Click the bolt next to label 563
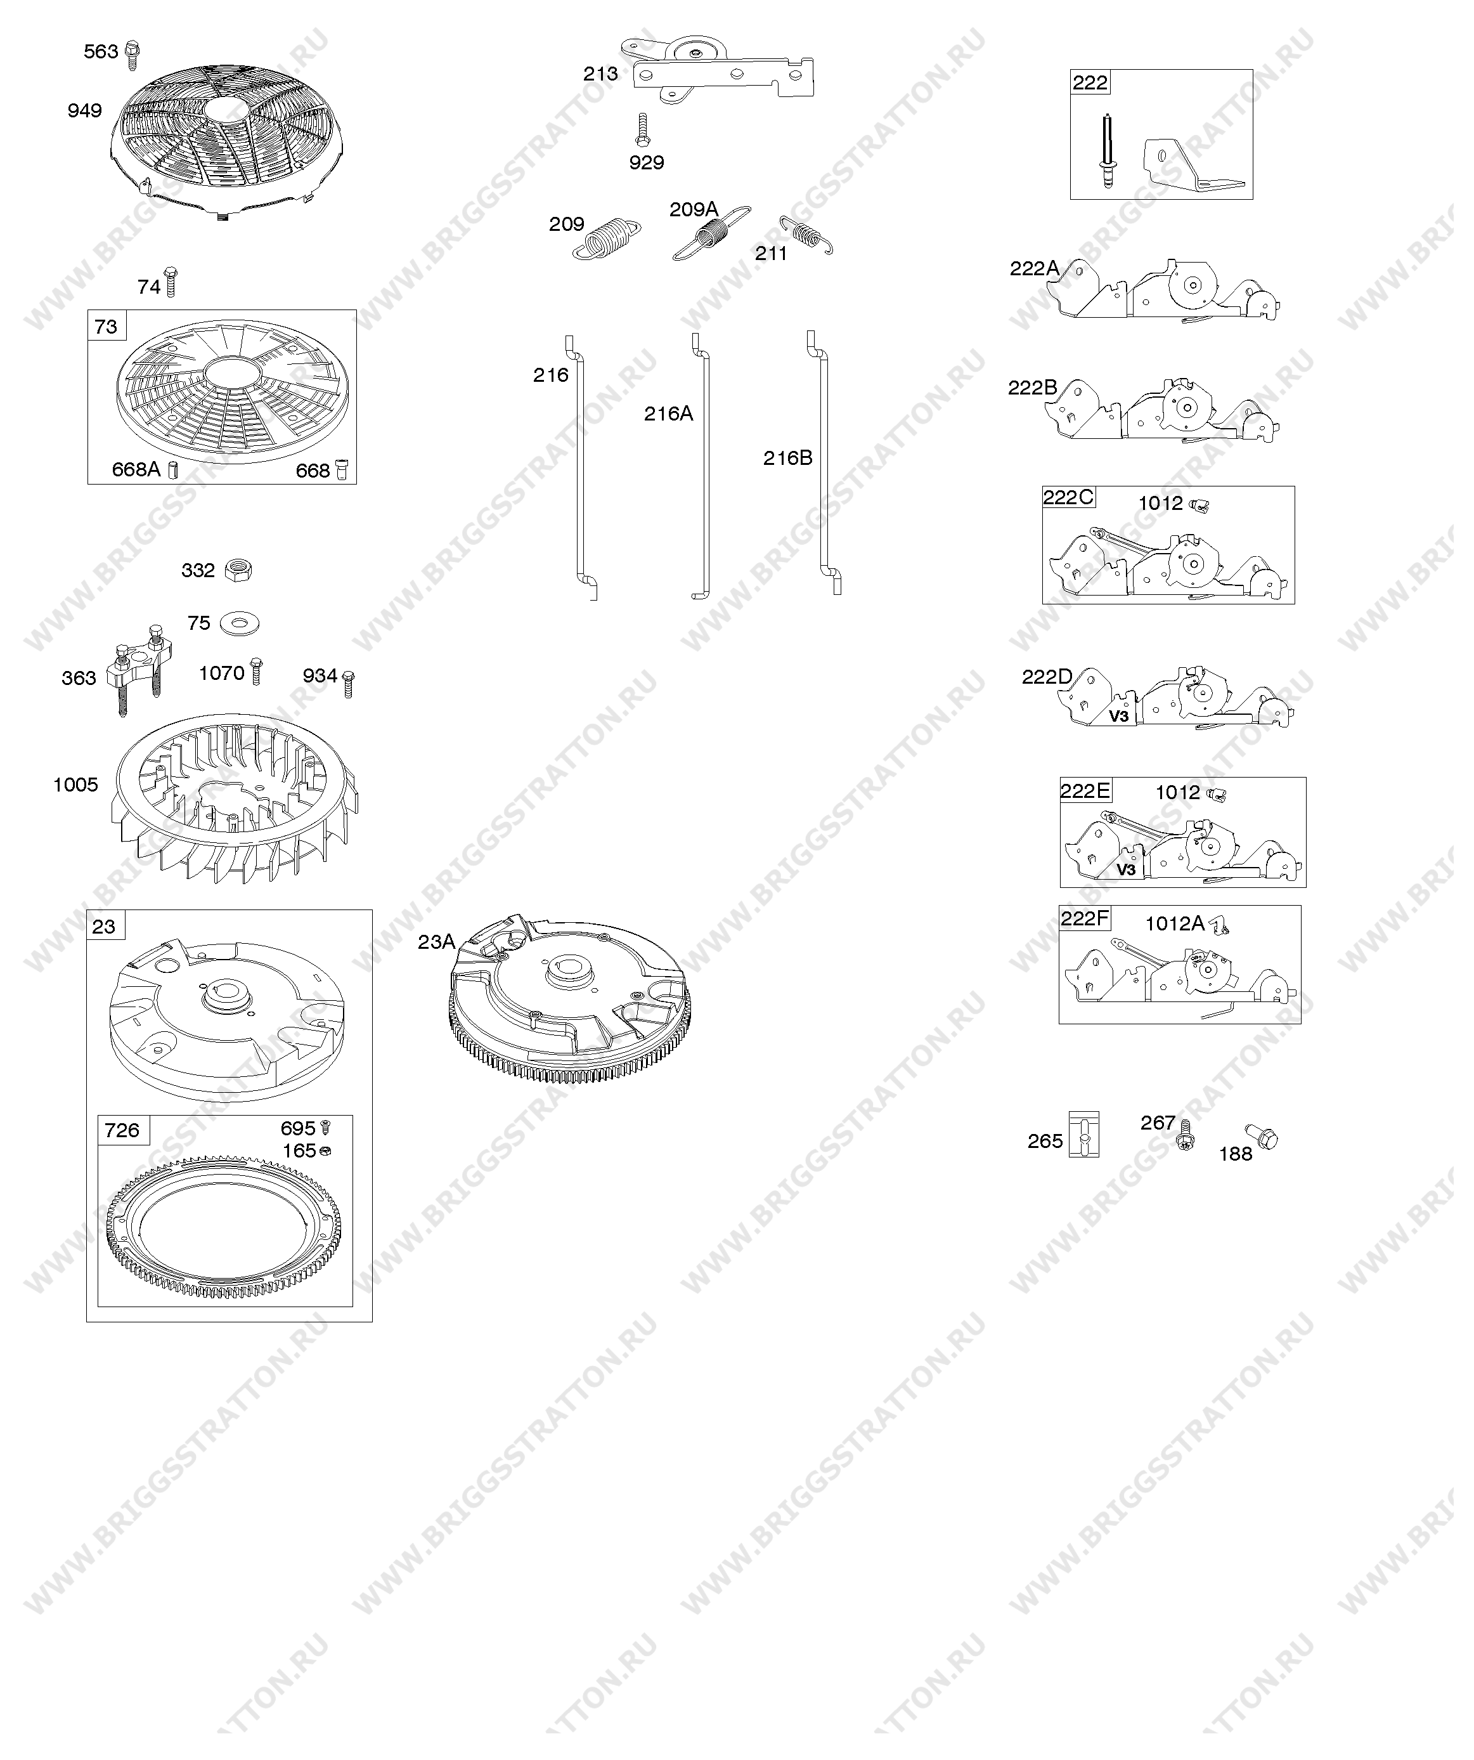pyautogui.click(x=132, y=55)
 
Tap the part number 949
pyautogui.click(x=84, y=110)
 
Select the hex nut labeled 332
pyautogui.click(x=239, y=570)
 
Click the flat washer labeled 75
pyautogui.click(x=240, y=623)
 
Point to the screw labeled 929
pyautogui.click(x=643, y=131)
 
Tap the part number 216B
pyautogui.click(x=787, y=458)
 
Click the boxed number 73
pyautogui.click(x=107, y=326)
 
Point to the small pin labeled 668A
pyautogui.click(x=174, y=470)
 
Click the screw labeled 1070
pyautogui.click(x=256, y=671)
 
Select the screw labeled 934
pyautogui.click(x=349, y=684)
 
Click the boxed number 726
pyautogui.click(x=122, y=1131)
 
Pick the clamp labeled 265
pyautogui.click(x=1084, y=1135)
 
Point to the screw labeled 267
pyautogui.click(x=1186, y=1134)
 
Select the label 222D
pyautogui.click(x=1047, y=676)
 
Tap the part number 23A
pyautogui.click(x=437, y=942)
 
